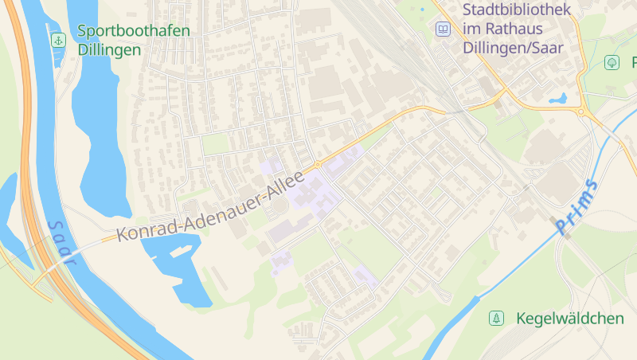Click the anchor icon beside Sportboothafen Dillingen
(x=57, y=39)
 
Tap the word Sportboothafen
(x=134, y=31)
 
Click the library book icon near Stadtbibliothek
(x=442, y=29)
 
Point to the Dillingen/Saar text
(x=513, y=48)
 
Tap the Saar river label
(x=61, y=241)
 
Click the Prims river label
(x=576, y=207)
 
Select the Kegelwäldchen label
(x=569, y=319)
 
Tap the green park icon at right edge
(x=612, y=62)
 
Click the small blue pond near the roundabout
(x=557, y=100)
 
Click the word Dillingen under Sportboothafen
(x=110, y=49)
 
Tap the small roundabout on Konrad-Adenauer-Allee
(x=317, y=165)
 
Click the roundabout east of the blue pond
(x=581, y=113)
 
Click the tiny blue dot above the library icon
(x=422, y=10)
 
